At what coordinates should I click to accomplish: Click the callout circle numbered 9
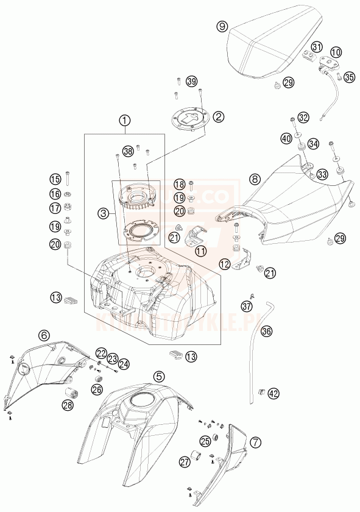point(222,26)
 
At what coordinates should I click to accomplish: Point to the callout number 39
point(192,82)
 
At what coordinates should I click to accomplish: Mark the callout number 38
point(127,151)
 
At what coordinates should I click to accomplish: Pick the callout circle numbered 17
point(55,207)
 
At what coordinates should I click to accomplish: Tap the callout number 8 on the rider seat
point(255,179)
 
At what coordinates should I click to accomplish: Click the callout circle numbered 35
point(348,77)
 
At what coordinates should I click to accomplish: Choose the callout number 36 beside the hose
point(267,332)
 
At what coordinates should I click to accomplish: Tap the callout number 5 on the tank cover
point(158,376)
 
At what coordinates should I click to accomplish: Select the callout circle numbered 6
point(44,335)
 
